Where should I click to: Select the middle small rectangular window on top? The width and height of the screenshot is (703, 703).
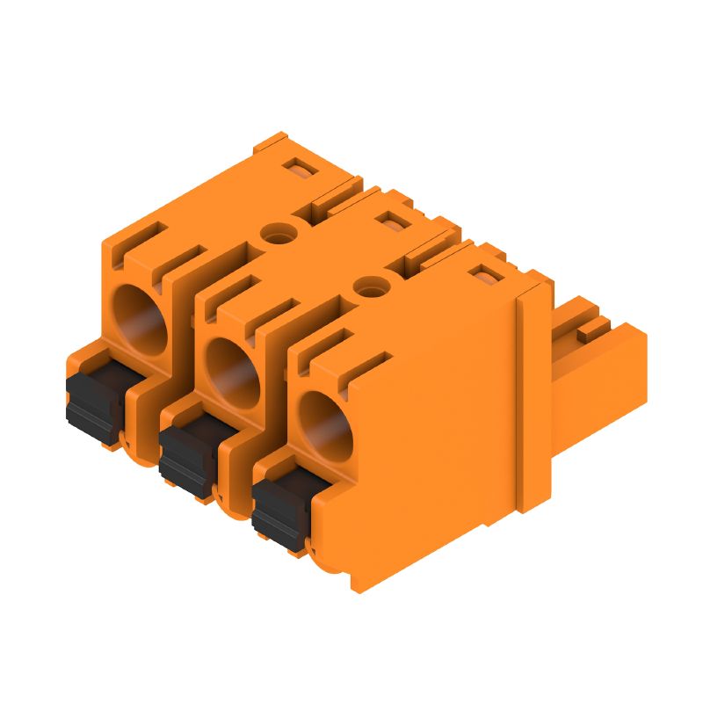(397, 220)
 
